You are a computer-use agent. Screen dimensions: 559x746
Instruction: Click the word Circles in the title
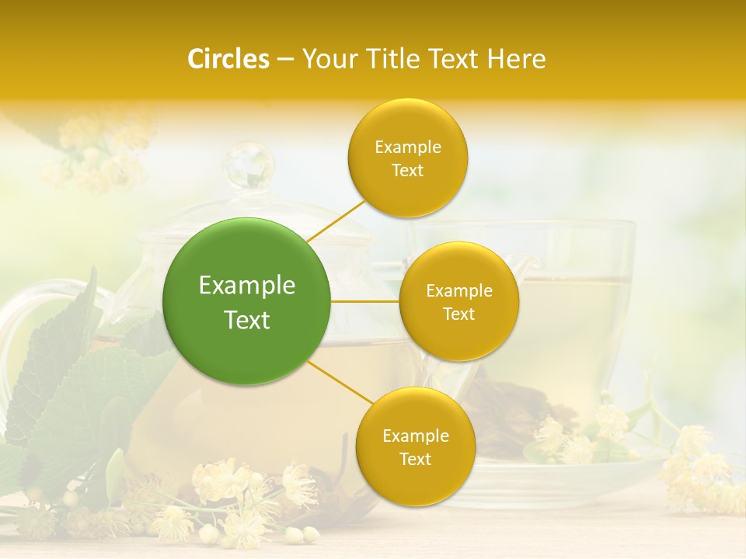(x=228, y=59)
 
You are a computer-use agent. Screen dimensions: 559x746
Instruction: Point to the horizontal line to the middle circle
(x=365, y=301)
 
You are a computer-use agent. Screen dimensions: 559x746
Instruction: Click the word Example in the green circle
(x=247, y=286)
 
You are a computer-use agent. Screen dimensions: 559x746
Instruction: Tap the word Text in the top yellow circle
(x=407, y=171)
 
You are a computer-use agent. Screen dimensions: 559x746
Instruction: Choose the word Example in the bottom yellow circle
(x=416, y=436)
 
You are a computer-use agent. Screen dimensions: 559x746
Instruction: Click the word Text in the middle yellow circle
(x=458, y=314)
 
